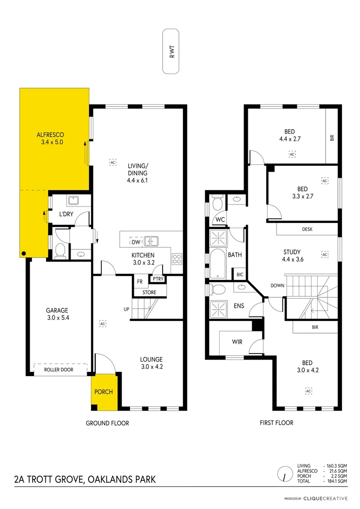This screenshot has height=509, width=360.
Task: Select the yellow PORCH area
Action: pos(104,392)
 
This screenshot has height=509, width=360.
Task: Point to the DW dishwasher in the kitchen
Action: pos(135,242)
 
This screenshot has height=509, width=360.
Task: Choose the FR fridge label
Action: pos(139,282)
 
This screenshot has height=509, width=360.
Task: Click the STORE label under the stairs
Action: pos(149,292)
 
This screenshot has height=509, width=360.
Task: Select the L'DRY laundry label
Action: pos(65,215)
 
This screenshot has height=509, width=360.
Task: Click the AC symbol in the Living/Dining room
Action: pos(113,162)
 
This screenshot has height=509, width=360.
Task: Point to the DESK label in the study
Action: pos(307,230)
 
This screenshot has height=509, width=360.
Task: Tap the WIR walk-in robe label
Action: pos(237,342)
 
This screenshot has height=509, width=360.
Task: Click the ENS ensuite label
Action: pos(239,306)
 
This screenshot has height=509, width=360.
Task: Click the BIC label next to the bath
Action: pos(239,274)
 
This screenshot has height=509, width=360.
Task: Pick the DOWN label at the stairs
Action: pos(277,286)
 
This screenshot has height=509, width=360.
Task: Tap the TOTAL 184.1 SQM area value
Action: pos(337,481)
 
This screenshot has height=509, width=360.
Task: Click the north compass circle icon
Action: pos(284,473)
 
